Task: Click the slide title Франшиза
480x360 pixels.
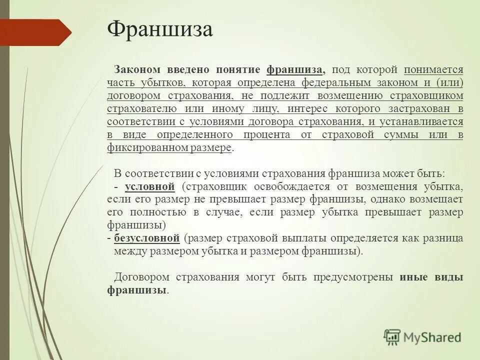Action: point(160,30)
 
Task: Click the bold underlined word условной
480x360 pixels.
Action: point(149,187)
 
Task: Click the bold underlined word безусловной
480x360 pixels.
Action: point(146,238)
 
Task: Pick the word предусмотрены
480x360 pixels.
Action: point(352,277)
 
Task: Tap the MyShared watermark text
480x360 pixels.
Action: point(432,337)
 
